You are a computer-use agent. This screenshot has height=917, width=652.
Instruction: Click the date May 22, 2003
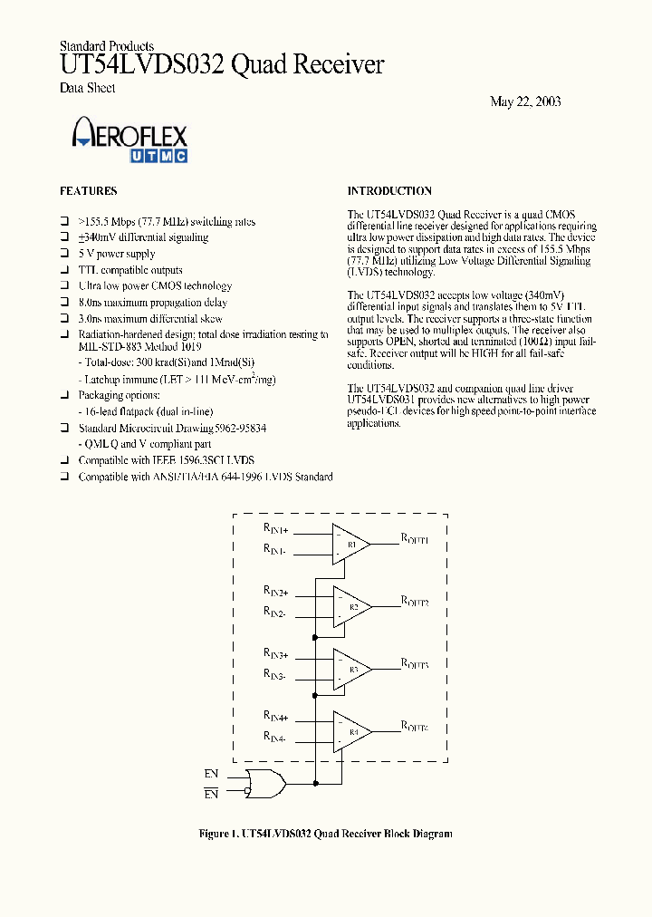525,101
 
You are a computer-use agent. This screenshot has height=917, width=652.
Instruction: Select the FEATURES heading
88,191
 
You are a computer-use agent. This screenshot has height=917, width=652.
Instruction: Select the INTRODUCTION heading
389,191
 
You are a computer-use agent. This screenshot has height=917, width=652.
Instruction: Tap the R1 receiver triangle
350,545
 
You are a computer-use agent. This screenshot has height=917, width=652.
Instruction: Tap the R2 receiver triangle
350,606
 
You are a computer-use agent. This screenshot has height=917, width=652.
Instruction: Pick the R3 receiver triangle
350,670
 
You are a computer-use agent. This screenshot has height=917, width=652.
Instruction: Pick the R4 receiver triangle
350,731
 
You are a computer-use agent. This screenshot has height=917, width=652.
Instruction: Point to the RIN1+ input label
276,529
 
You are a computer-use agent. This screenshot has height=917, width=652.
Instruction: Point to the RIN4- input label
275,739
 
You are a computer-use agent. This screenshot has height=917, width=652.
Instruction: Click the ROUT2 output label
415,601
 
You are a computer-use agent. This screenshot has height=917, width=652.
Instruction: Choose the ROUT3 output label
415,663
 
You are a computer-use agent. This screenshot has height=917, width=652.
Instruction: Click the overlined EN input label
212,794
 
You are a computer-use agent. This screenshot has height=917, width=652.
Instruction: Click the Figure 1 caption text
325,834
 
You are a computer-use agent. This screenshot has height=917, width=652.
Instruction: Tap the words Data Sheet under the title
87,88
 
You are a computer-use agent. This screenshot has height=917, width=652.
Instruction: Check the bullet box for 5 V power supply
64,255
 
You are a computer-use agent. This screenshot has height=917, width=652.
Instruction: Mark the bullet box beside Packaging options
64,396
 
